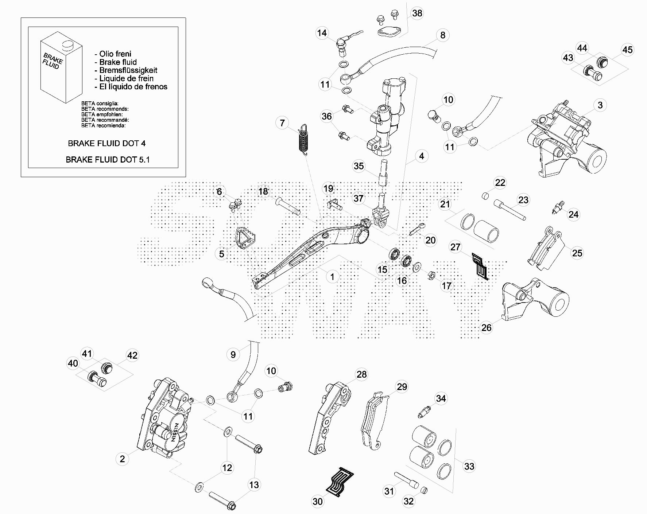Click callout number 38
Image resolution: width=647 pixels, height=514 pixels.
417,13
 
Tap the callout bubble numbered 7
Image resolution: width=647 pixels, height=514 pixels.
282,123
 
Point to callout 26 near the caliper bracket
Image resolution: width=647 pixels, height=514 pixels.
487,327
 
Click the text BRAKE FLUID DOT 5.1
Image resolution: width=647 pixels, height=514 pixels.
107,159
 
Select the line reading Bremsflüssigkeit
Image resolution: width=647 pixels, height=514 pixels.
128,70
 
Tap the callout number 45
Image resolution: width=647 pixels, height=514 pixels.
627,50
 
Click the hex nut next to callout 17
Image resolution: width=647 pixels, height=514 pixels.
430,275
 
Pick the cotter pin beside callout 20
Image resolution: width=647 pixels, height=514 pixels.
416,229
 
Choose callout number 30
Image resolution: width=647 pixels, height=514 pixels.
318,502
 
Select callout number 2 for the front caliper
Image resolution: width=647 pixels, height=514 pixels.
122,459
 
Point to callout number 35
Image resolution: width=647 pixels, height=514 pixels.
359,166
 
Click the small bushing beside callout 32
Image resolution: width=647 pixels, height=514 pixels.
424,490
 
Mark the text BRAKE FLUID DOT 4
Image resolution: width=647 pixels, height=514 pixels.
106,143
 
